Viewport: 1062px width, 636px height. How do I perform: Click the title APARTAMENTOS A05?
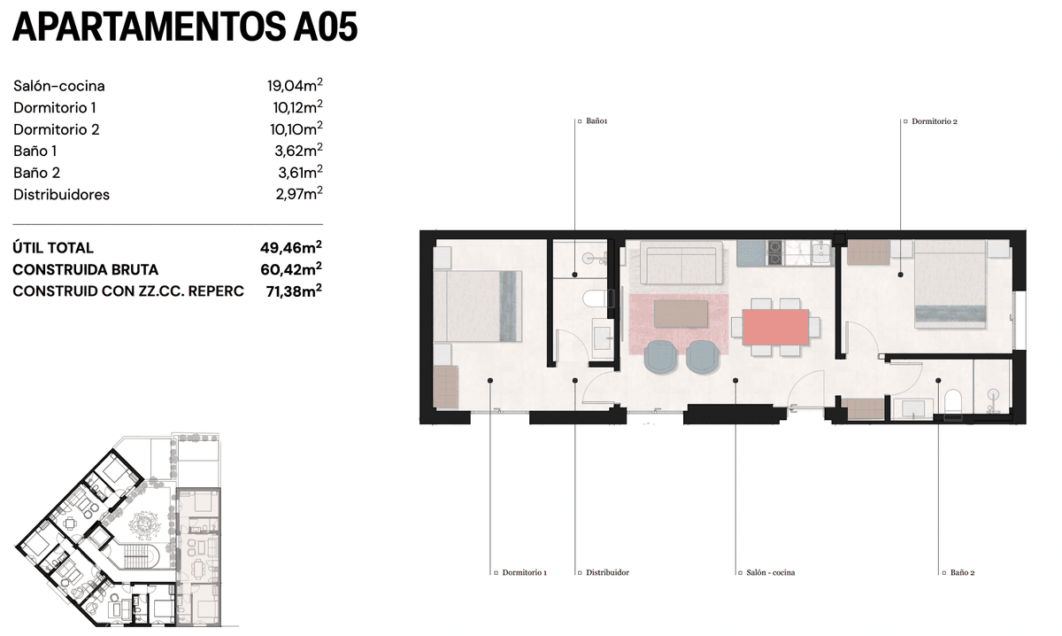[185, 27]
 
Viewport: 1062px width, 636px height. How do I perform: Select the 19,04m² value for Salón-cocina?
[295, 85]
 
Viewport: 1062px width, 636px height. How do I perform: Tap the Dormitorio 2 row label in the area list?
[57, 129]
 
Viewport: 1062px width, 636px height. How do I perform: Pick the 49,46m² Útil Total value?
[290, 247]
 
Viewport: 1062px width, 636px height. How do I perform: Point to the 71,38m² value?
[294, 291]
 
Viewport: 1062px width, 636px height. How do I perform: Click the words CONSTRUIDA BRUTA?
[85, 269]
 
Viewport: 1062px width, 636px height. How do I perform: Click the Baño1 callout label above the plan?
[596, 121]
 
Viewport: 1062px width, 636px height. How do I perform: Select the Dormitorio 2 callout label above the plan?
[935, 121]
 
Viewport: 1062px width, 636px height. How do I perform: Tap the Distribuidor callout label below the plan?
[607, 572]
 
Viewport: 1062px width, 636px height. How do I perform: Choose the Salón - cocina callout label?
[771, 572]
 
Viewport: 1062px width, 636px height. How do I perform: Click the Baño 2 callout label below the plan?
[963, 572]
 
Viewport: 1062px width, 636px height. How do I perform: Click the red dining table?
[775, 327]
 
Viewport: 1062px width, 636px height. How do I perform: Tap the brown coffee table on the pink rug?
[681, 314]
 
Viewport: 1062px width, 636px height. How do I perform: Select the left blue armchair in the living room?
[661, 356]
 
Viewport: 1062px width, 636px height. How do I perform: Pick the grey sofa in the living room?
[681, 262]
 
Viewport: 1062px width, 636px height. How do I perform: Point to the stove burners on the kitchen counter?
[774, 253]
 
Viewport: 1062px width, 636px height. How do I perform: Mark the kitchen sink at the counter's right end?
[820, 253]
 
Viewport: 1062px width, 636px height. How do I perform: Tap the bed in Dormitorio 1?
[477, 306]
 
